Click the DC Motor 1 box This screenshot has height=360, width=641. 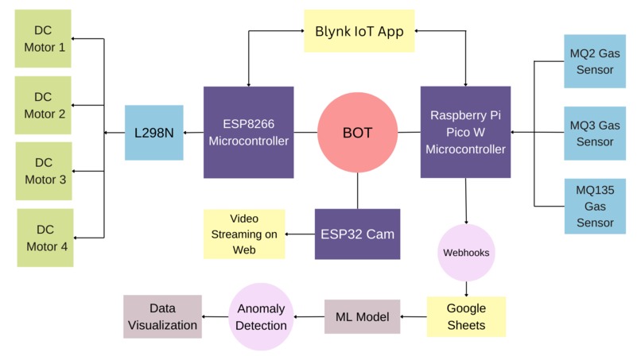click(44, 38)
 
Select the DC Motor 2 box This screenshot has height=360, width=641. click(44, 105)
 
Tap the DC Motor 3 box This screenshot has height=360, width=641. click(44, 171)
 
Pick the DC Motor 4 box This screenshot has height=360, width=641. click(44, 238)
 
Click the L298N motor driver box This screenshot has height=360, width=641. click(153, 133)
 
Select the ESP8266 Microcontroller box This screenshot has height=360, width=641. click(248, 132)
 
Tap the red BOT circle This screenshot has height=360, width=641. click(357, 133)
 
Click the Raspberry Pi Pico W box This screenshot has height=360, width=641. click(465, 132)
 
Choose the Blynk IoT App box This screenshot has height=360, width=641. click(359, 31)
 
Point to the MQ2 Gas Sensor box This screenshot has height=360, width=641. click(595, 61)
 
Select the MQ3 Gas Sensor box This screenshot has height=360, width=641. click(595, 134)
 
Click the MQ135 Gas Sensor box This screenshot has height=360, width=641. click(595, 206)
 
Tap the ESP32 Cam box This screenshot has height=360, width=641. click(357, 234)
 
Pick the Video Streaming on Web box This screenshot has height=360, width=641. click(244, 234)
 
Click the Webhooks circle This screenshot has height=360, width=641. click(466, 253)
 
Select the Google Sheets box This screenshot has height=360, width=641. click(466, 316)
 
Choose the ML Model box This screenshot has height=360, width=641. click(362, 316)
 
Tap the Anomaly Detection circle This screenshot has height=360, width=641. click(261, 316)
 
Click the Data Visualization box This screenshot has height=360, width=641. click(162, 316)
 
